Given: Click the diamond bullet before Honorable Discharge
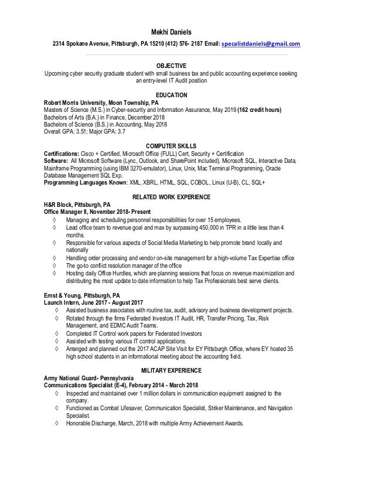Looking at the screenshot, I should click(x=55, y=423).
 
